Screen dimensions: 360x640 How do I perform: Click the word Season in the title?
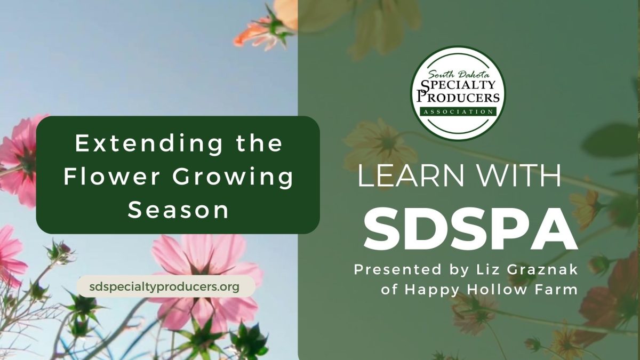click(178, 210)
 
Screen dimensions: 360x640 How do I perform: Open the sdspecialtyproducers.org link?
click(165, 286)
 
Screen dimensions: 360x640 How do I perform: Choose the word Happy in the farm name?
click(427, 290)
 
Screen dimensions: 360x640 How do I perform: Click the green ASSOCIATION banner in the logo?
click(458, 111)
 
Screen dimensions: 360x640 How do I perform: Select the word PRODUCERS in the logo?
click(458, 97)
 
